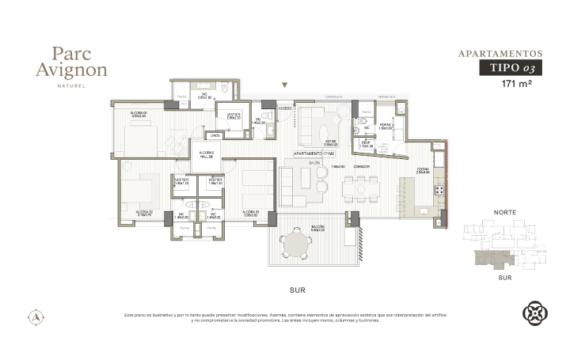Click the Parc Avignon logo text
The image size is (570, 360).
(x=71, y=62)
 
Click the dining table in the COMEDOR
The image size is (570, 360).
(x=361, y=187)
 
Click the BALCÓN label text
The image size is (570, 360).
(x=317, y=227)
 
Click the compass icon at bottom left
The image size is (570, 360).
(x=36, y=316)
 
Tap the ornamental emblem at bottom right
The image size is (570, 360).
(x=534, y=313)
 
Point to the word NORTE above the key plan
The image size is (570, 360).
(x=505, y=213)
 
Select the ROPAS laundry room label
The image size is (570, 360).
(x=386, y=125)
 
